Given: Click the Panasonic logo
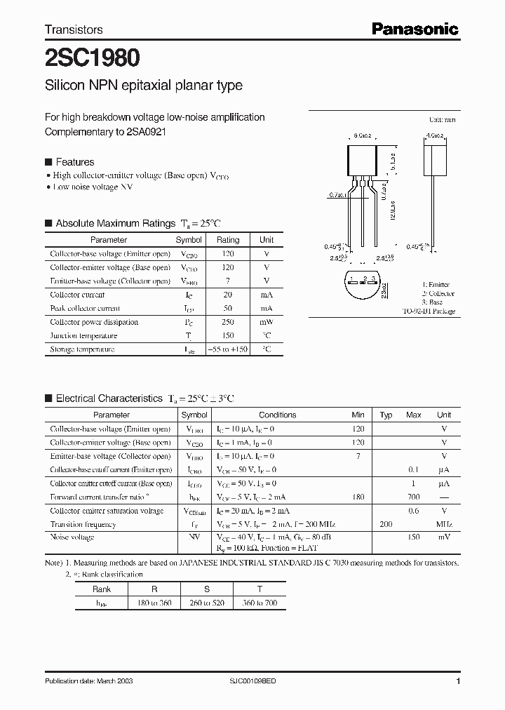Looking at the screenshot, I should [415, 29].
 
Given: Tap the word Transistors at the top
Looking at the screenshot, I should [74, 29].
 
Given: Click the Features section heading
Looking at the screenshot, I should [74, 161].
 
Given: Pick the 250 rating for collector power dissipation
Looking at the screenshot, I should [227, 322].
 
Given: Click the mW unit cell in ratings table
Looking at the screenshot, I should [267, 322].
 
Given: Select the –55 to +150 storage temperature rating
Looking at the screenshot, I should [227, 349].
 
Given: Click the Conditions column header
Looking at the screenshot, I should [277, 415].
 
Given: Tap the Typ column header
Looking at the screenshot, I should [386, 415].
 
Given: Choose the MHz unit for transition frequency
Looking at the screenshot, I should [443, 524].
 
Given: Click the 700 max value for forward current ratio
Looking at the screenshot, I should [414, 497].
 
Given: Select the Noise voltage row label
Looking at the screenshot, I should [72, 537].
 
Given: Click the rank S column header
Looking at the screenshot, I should [207, 590].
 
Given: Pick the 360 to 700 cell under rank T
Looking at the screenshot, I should [260, 603].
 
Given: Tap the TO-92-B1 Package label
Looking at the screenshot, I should [428, 311].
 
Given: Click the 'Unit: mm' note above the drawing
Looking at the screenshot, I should [442, 120].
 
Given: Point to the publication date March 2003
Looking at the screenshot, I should [88, 681].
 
